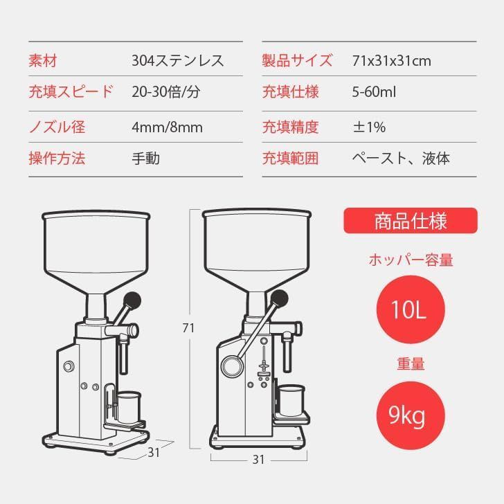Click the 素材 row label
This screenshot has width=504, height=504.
pos(43,60)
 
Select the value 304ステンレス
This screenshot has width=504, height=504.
pos(178,60)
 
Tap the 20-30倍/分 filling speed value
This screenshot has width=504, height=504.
pos(166,92)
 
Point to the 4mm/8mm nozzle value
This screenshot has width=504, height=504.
pos(167,127)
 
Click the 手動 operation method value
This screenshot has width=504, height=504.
pos(145,159)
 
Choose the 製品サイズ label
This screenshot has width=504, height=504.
pos(297,60)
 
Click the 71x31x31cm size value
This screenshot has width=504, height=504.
pos(392,61)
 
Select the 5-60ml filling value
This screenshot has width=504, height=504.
pos(374,92)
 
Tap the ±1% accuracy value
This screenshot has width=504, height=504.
pos(369,127)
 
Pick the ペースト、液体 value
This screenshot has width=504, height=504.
pos(401,159)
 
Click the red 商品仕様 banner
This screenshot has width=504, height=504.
pos(411,221)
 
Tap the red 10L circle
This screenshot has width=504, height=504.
pos(411,309)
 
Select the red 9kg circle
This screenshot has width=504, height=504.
pos(411,415)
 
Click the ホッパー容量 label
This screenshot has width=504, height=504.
pos(411,260)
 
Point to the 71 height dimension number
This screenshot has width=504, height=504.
pos(188,328)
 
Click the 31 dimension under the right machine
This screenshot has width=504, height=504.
pos(258,460)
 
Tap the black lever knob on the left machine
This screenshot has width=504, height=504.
pos(132,300)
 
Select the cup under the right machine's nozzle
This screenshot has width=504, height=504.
pos(291,400)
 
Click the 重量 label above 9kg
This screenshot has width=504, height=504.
pos(411,364)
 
